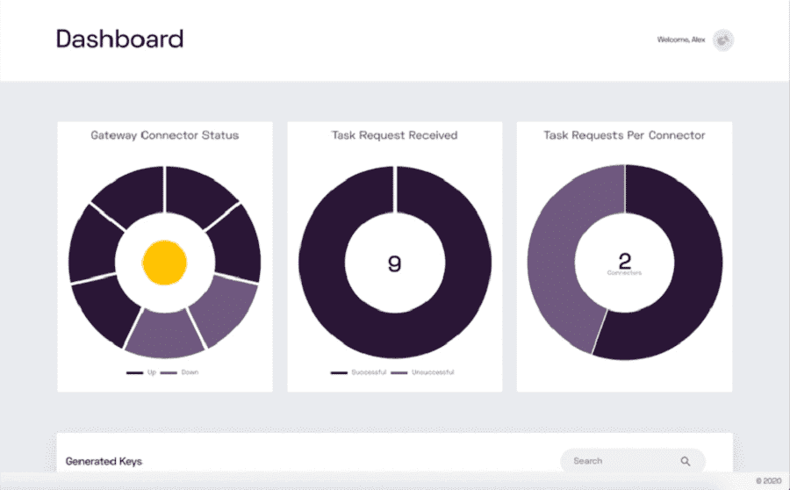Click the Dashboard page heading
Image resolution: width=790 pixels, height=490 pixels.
tap(119, 39)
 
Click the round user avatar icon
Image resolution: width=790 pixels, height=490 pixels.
tap(723, 40)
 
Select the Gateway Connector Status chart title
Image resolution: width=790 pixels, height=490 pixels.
tap(165, 135)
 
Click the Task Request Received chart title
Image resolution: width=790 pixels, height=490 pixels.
tap(394, 135)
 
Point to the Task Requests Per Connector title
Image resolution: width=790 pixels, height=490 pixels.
tap(624, 135)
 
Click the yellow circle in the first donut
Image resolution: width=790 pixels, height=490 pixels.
tap(165, 263)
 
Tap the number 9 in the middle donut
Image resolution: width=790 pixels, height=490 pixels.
tap(394, 263)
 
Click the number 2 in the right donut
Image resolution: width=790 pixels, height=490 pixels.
tap(624, 261)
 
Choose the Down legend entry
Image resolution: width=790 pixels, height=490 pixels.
tap(189, 372)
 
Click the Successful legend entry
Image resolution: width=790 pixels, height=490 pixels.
tap(368, 372)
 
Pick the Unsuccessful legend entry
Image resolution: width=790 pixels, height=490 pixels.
tap(432, 372)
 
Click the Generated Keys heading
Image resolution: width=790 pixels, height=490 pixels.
tap(104, 461)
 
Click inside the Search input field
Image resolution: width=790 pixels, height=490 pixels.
tap(614, 461)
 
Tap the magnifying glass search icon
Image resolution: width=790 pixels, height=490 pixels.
tap(686, 461)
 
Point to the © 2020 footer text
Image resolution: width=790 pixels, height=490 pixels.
tap(768, 481)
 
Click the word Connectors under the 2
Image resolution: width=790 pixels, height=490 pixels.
tap(624, 273)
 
